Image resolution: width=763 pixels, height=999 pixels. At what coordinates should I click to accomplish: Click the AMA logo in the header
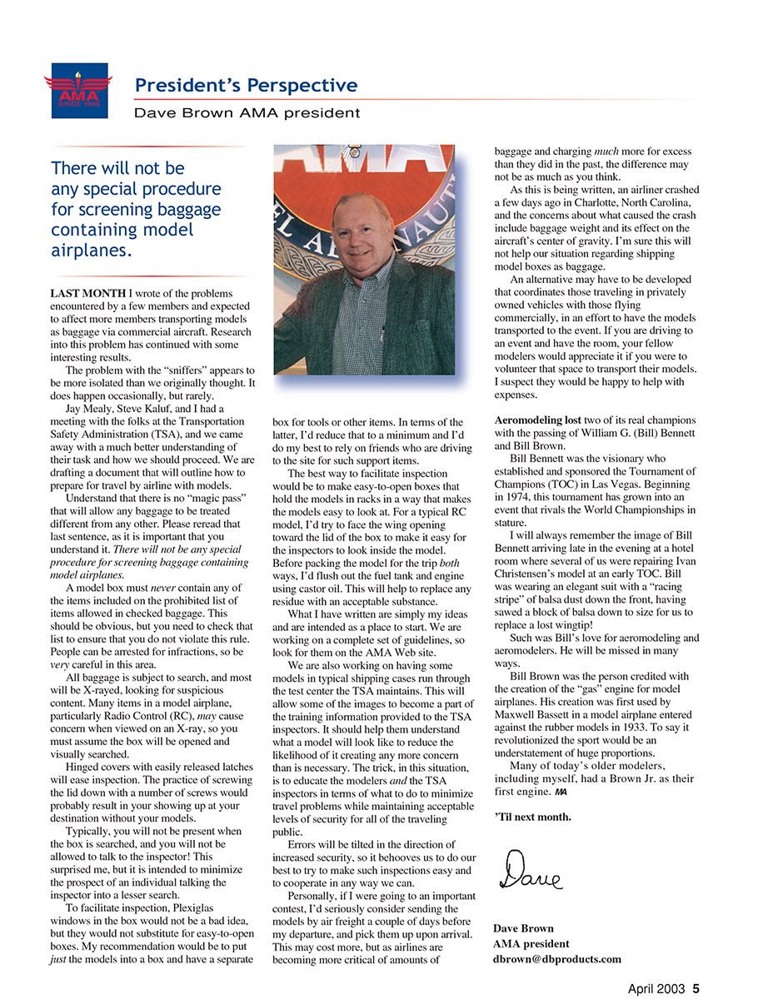tap(76, 88)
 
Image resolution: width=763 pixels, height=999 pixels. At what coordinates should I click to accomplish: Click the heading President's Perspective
tap(246, 85)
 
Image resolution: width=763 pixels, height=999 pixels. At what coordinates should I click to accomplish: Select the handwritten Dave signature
tap(530, 871)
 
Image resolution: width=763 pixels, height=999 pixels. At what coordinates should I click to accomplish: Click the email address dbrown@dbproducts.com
tap(556, 959)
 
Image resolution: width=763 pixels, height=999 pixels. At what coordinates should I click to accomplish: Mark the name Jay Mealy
tap(91, 408)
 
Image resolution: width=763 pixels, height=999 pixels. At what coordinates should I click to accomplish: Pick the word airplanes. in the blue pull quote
tap(91, 251)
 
